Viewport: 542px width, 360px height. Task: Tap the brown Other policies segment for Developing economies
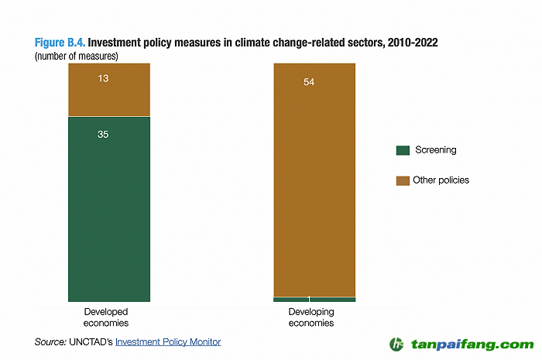coord(314,186)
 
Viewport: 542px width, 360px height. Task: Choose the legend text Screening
coord(434,150)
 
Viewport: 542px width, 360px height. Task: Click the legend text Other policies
coord(441,180)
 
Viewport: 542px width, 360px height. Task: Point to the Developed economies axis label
coord(106,317)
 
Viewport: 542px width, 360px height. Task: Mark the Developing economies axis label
coord(311,317)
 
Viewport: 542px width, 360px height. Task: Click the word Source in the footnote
coord(50,341)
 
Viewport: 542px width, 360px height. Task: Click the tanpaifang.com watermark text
coord(472,345)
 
